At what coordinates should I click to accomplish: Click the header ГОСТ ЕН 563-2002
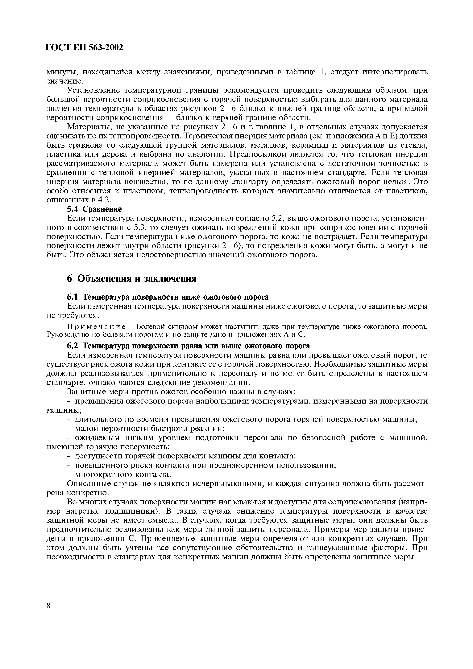85,47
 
